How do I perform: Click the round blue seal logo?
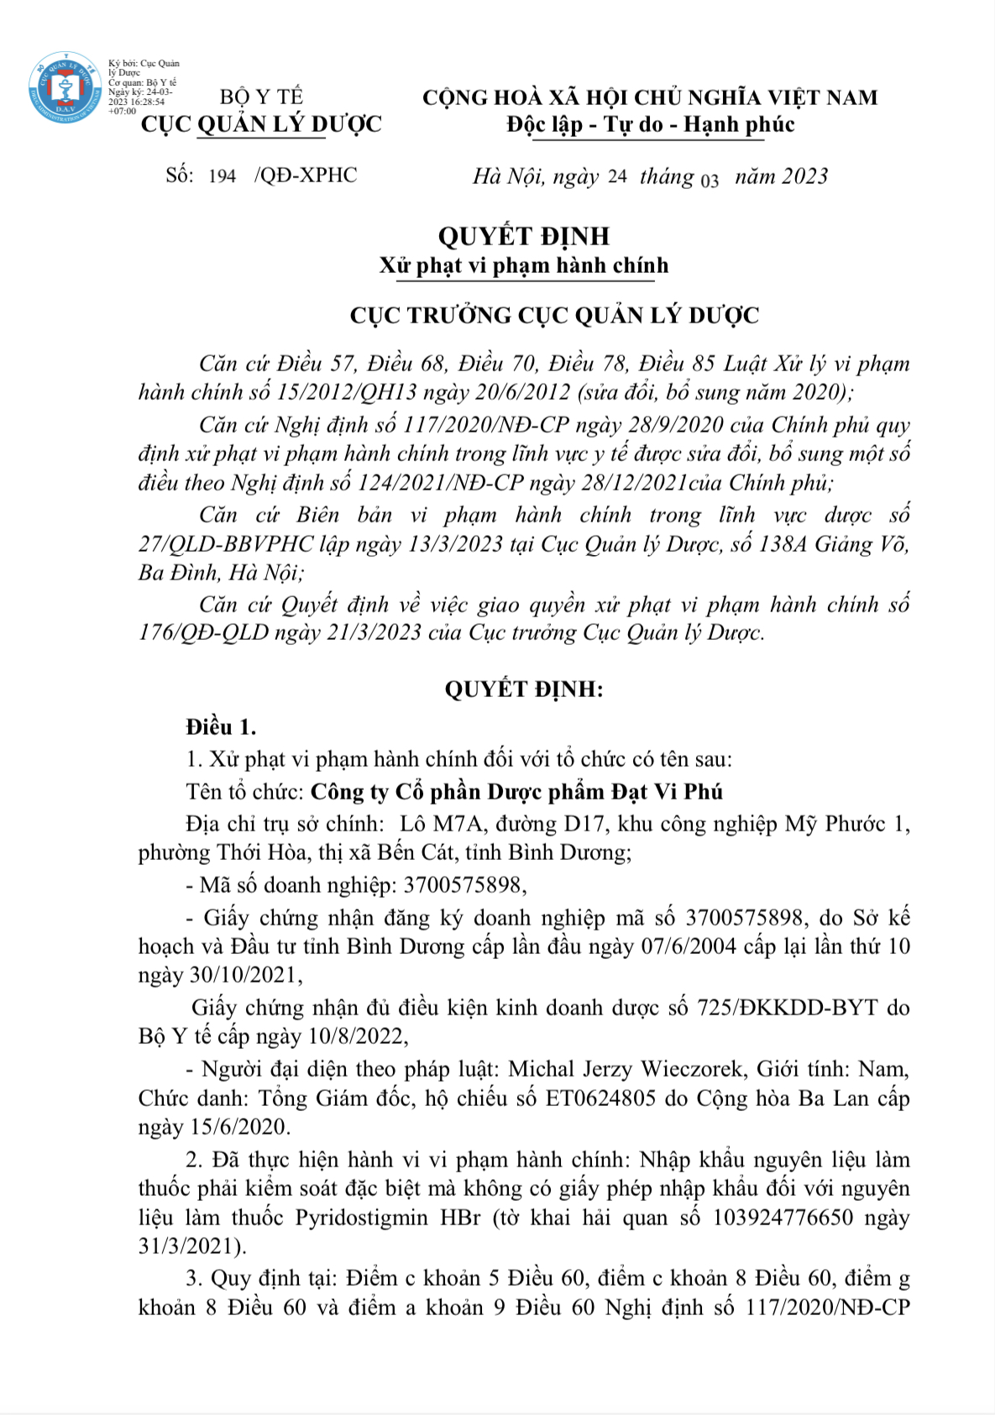[65, 88]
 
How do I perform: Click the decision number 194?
[222, 176]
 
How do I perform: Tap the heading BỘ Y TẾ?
[261, 97]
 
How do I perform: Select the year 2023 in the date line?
[805, 176]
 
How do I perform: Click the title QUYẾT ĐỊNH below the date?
[523, 236]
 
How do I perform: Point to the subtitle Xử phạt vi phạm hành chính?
[523, 266]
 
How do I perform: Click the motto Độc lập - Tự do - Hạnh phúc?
[650, 125]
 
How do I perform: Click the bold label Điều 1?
[221, 727]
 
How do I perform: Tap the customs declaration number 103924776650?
[783, 1218]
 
